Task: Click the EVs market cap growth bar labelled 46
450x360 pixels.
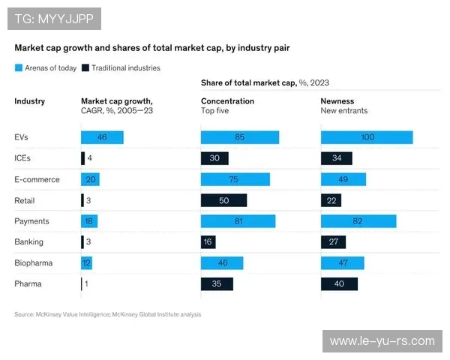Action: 102,137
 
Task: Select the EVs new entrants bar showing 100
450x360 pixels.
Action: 366,137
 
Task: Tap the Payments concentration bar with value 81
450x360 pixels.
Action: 238,221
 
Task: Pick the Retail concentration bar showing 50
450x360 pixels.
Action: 223,200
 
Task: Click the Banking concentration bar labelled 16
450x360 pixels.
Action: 208,242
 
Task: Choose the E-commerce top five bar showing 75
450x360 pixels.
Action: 235,179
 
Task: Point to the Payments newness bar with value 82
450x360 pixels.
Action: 358,221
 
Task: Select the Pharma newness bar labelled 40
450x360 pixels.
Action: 339,284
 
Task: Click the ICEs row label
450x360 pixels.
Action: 22,158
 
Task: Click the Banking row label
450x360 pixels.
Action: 29,242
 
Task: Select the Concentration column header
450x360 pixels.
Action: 227,101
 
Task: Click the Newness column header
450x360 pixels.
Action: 337,101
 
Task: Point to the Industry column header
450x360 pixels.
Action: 30,101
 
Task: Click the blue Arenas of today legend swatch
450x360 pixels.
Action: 19,67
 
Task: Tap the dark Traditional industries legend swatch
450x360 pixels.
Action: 86,67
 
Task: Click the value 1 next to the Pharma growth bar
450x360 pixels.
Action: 88,284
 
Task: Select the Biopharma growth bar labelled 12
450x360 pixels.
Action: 88,263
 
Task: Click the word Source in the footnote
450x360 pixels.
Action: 25,314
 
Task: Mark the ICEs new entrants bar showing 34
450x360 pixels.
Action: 336,158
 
